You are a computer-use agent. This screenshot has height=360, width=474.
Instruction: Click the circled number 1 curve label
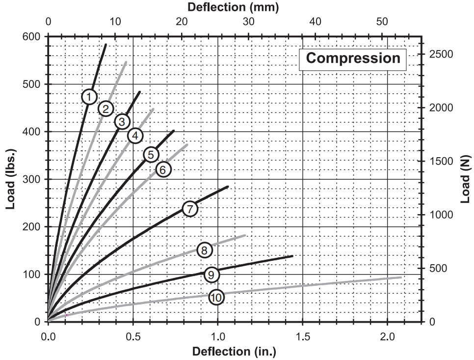tap(89, 97)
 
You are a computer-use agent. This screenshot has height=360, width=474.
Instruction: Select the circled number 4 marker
tap(135, 136)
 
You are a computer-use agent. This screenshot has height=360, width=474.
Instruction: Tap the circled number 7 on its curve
tap(189, 208)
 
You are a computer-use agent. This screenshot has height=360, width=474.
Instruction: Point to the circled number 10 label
tap(216, 297)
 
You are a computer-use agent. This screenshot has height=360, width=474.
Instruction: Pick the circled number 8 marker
tap(205, 250)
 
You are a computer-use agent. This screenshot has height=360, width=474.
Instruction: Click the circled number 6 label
tap(163, 169)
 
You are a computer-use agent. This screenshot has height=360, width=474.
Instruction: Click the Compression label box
tap(353, 58)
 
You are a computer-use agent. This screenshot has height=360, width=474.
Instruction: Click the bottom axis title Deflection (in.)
tap(234, 352)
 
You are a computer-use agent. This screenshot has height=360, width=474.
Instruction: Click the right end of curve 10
tap(401, 277)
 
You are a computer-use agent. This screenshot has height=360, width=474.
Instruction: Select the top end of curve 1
tap(105, 45)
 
